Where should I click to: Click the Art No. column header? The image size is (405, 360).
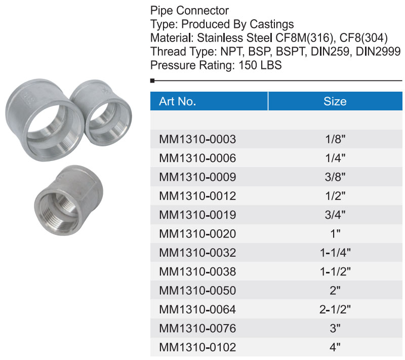[x=178, y=101]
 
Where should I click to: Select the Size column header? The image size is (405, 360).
[x=335, y=101]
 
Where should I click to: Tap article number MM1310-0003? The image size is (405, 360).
[x=197, y=139]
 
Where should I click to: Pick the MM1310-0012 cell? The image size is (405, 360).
[x=197, y=196]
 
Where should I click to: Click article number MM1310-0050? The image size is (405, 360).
[x=197, y=291]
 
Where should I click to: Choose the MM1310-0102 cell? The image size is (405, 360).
[x=197, y=347]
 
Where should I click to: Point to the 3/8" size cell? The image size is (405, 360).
[x=335, y=177]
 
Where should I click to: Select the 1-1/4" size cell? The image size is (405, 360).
[x=335, y=253]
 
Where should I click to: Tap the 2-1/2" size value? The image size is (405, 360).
[x=335, y=309]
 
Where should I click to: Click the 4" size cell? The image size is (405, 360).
[x=335, y=347]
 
